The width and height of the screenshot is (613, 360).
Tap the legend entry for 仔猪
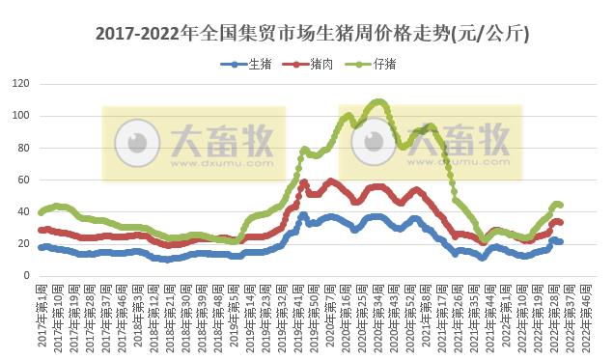[x=372, y=65]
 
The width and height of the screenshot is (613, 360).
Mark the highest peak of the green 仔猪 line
[x=378, y=100]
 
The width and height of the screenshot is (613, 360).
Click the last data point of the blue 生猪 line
[x=560, y=241]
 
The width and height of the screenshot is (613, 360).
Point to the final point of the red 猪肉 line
[x=560, y=223]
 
